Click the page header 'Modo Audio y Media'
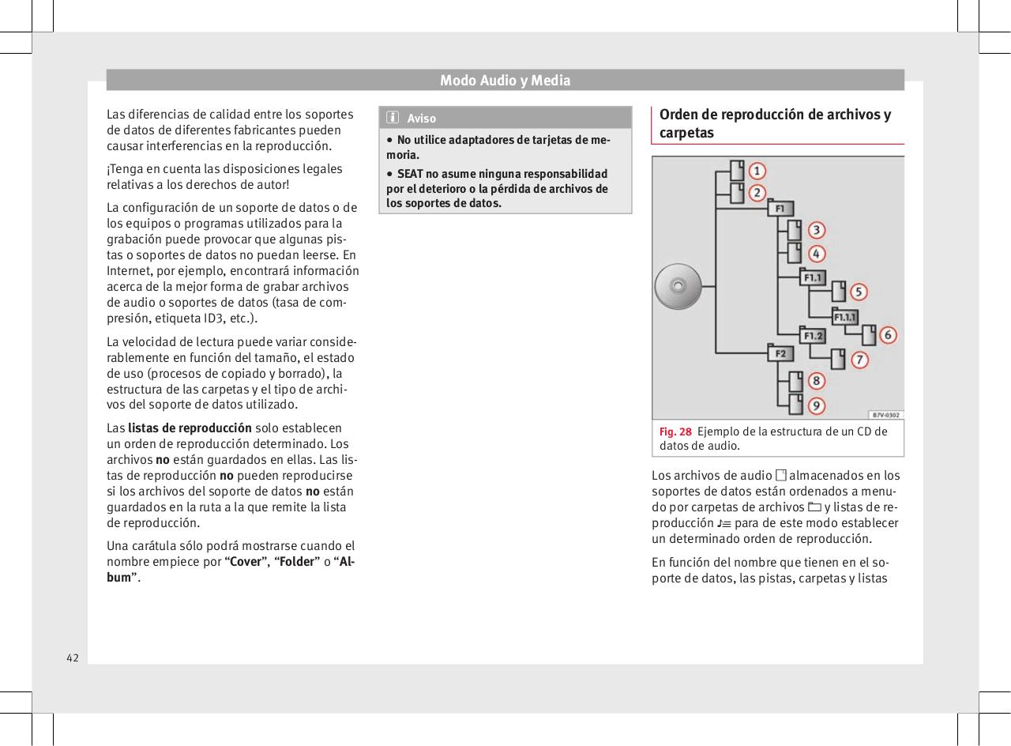click(505, 80)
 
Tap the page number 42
click(72, 657)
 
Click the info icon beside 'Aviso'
click(392, 119)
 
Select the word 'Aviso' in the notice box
click(421, 119)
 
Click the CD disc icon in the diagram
click(678, 284)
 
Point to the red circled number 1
click(757, 171)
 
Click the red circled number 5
click(859, 292)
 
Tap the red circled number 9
click(817, 405)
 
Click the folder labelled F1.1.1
click(846, 316)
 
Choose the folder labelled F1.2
click(813, 335)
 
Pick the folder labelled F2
click(780, 353)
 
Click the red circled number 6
click(889, 335)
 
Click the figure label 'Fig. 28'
click(675, 431)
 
